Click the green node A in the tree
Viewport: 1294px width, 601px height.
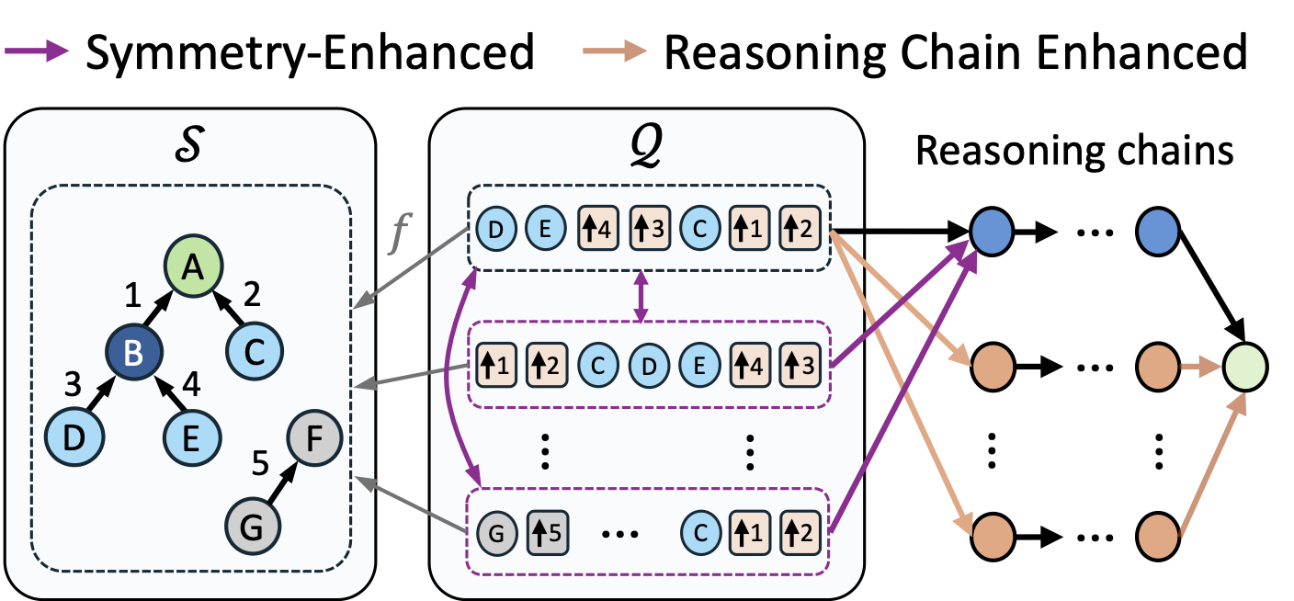coord(193,266)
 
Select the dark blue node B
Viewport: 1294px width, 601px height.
coord(134,351)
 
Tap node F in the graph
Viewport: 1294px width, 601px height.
coord(314,438)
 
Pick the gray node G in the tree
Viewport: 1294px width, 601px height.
coord(253,527)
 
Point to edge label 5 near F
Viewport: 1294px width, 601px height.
coord(260,463)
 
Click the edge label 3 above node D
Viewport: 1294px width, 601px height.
coord(73,384)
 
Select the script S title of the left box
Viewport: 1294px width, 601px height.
coord(189,144)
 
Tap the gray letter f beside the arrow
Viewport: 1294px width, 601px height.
coord(400,232)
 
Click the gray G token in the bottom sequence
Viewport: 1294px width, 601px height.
coord(496,533)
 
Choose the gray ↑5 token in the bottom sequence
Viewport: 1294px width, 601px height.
coord(548,533)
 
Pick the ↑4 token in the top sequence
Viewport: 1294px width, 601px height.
coord(598,229)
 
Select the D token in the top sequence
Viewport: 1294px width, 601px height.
coord(496,230)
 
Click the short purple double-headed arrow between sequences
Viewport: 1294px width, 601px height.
coord(641,296)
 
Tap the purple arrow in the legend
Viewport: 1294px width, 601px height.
coord(37,51)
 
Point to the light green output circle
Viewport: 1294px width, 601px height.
coord(1245,367)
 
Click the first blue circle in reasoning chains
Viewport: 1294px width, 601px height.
coord(992,232)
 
